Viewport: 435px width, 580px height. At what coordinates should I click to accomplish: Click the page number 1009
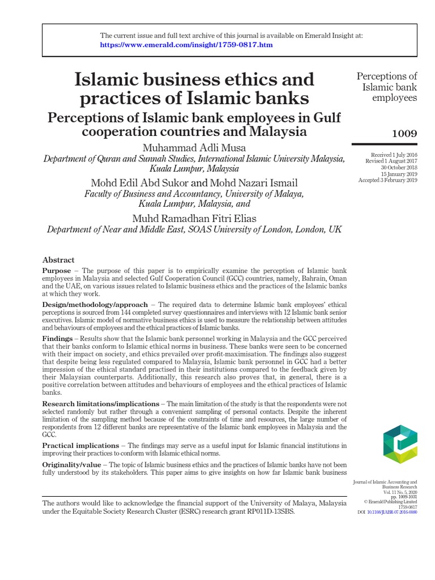click(404, 134)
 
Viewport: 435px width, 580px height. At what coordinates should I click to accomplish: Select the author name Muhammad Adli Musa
click(194, 148)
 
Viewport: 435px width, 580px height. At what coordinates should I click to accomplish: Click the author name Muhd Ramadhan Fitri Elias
click(194, 218)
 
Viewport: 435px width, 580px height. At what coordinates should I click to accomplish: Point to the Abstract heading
click(58, 260)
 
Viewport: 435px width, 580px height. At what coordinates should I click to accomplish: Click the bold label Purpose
click(56, 271)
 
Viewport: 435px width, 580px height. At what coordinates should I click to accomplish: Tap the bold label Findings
click(58, 338)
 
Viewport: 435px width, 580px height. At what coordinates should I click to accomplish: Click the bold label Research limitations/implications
click(100, 404)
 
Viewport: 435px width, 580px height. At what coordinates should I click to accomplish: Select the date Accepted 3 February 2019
click(387, 181)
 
